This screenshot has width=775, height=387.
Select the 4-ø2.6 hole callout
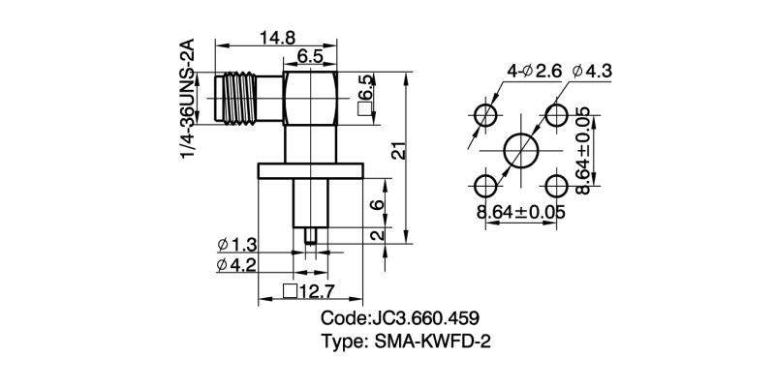(534, 71)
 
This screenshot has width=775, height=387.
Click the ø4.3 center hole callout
(593, 71)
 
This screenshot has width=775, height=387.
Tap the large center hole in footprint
(523, 150)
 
